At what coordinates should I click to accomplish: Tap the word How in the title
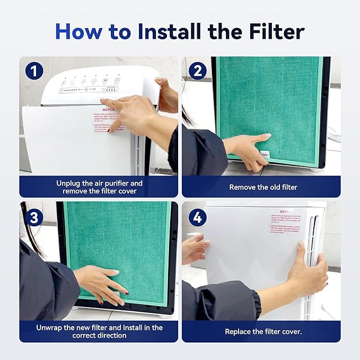(x=78, y=31)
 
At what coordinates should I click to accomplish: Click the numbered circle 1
(x=34, y=71)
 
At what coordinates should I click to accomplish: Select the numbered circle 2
(x=197, y=71)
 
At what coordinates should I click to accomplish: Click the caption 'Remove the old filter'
(x=263, y=187)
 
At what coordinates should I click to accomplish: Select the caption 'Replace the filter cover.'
(x=263, y=331)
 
